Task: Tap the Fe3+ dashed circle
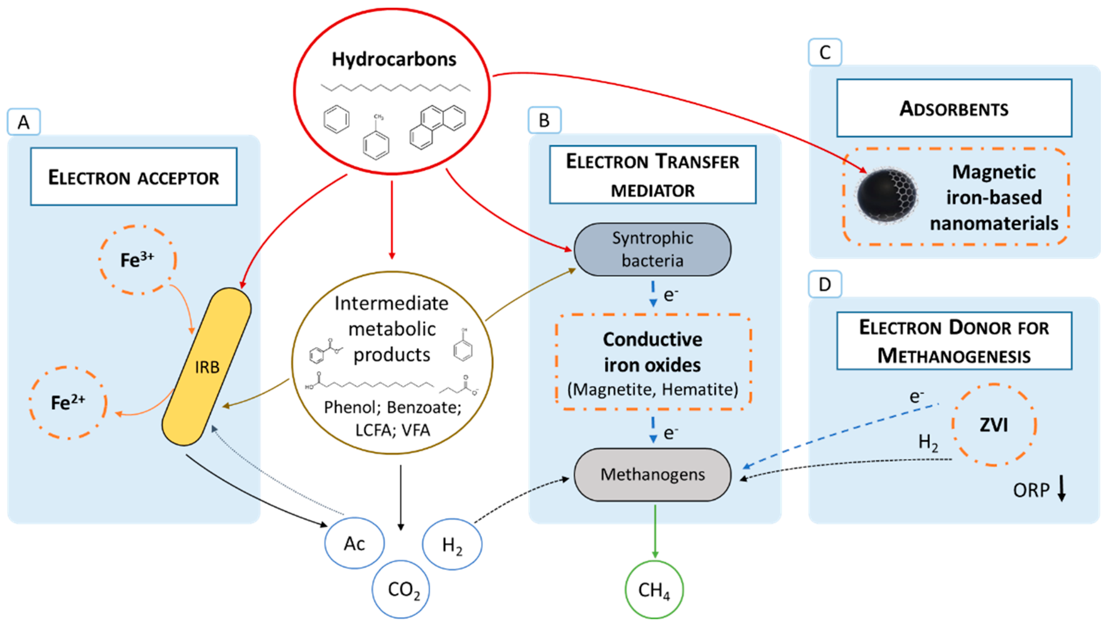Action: pos(137,260)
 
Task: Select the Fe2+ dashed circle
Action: pos(68,403)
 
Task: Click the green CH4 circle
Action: pos(654,589)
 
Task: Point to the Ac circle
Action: pos(354,543)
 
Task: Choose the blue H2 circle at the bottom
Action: pos(452,544)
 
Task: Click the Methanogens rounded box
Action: pos(652,474)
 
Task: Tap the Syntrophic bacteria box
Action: pos(652,249)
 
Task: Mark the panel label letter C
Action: pos(825,52)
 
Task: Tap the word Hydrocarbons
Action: pos(393,59)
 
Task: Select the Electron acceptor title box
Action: pos(134,176)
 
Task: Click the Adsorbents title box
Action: pos(954,108)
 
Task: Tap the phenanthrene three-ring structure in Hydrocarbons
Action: pos(438,127)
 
